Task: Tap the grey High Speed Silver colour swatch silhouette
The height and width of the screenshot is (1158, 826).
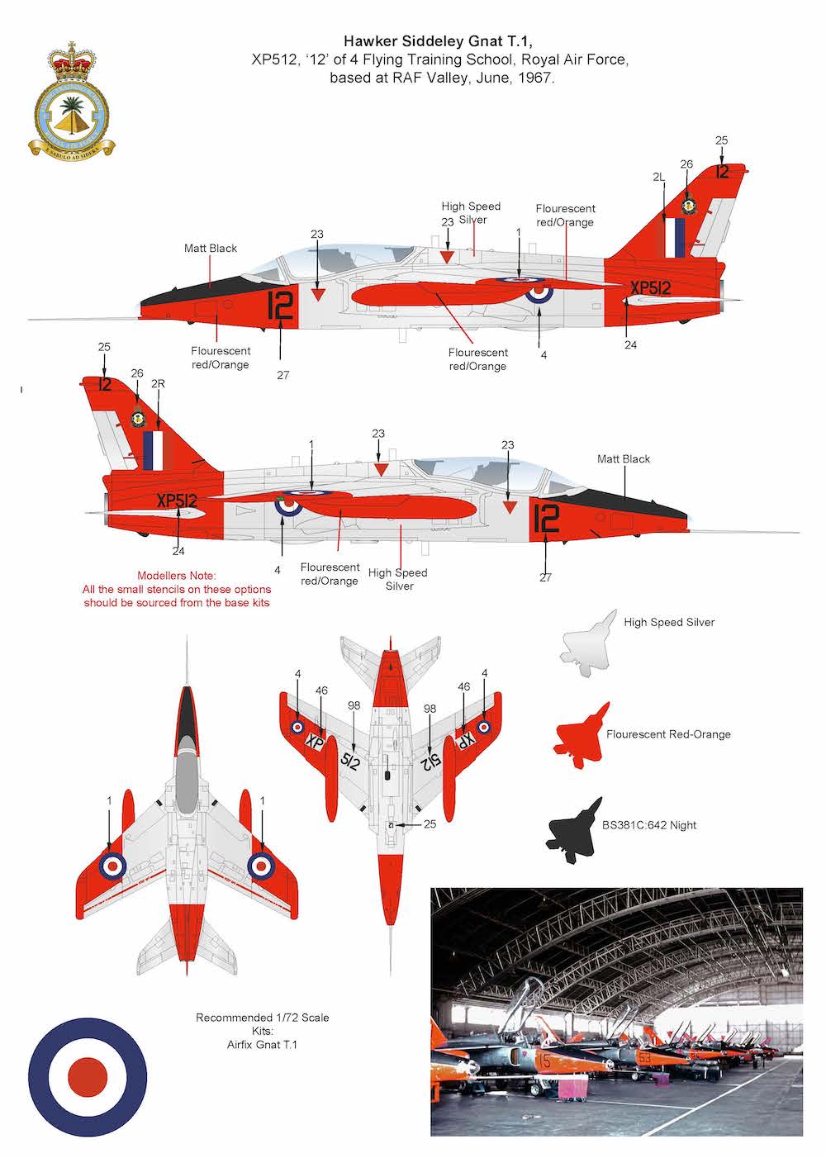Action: (x=589, y=643)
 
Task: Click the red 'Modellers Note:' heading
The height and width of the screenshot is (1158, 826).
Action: (x=176, y=575)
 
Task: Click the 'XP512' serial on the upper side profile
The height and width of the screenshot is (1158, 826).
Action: (x=650, y=287)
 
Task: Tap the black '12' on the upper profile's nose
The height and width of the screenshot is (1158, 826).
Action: (x=280, y=307)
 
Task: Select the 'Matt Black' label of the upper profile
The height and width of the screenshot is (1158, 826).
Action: (x=211, y=248)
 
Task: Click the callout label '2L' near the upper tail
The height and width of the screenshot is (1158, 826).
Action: (x=658, y=177)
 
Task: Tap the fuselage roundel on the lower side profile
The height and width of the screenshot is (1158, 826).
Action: (x=288, y=505)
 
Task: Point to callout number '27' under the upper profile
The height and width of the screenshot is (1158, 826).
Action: (x=283, y=375)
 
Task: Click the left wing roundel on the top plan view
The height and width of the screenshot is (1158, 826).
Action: (x=112, y=865)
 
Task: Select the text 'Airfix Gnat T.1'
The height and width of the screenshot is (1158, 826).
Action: (x=262, y=1045)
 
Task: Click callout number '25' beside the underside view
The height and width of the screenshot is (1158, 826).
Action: (x=430, y=824)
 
